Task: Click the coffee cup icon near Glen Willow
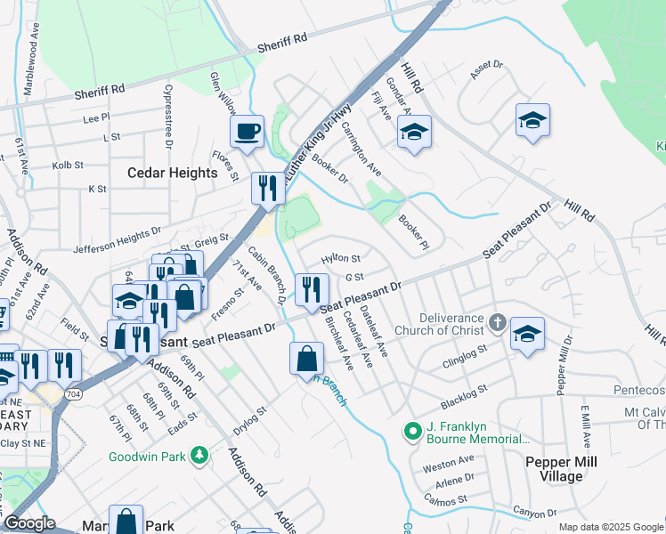tap(247, 131)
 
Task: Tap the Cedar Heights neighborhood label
tap(173, 173)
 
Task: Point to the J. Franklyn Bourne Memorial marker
tap(412, 433)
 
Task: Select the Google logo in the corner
tap(28, 523)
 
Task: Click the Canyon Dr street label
tap(540, 513)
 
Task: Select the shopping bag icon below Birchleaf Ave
tap(305, 358)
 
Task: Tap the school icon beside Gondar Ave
tap(414, 133)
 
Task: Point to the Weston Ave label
tap(449, 461)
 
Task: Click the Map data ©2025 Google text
tap(611, 526)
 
